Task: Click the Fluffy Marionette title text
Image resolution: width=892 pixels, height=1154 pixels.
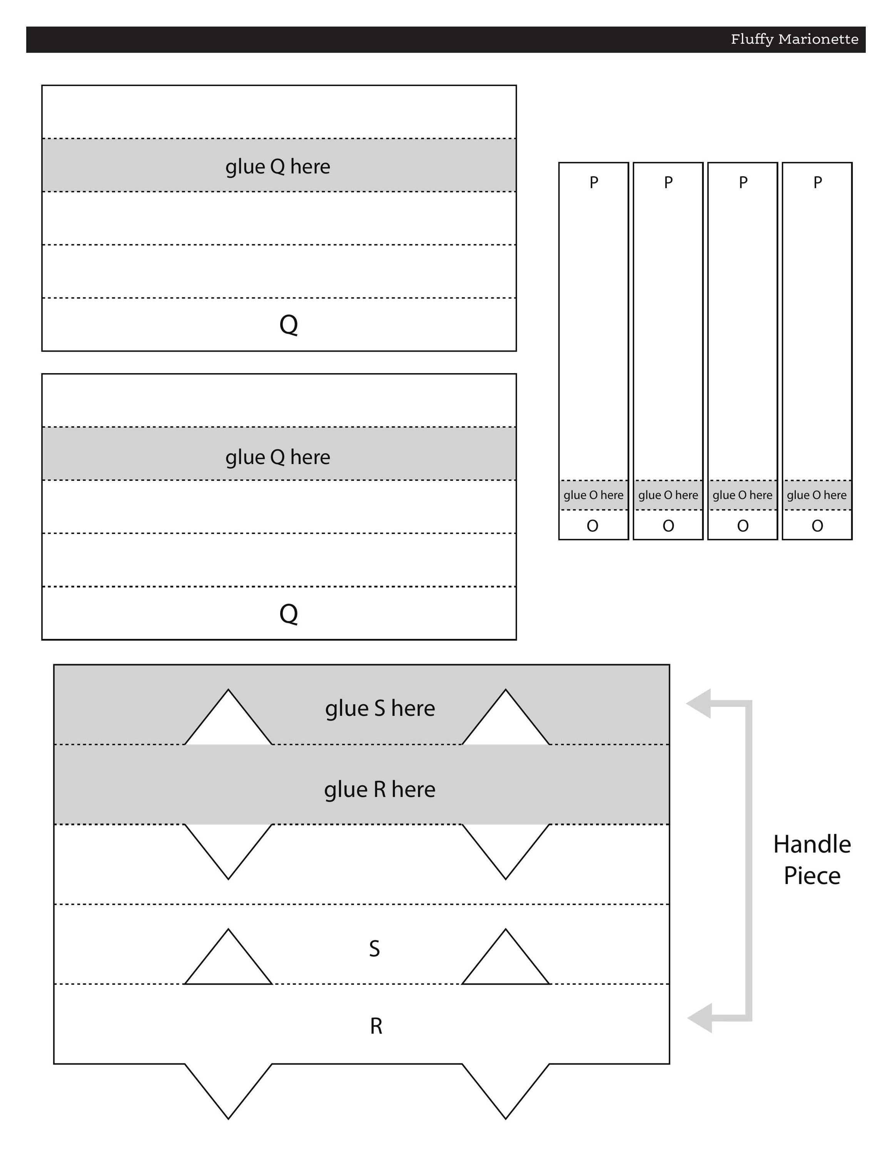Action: [x=794, y=39]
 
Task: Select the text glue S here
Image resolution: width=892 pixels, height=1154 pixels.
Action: [x=380, y=709]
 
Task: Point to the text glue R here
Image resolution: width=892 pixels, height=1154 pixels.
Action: [x=380, y=789]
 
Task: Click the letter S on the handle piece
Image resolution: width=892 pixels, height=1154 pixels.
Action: [x=374, y=949]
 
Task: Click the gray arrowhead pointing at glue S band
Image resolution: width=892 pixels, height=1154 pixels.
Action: [x=698, y=704]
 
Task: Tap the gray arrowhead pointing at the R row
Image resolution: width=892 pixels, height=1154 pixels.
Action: [x=700, y=1018]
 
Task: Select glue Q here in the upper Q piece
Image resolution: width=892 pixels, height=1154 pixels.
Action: [x=278, y=167]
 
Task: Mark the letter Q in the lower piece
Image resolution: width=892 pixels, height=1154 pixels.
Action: [x=289, y=614]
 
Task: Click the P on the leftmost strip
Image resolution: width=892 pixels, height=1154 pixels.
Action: [x=594, y=182]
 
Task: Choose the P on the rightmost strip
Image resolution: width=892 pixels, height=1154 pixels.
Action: [x=817, y=182]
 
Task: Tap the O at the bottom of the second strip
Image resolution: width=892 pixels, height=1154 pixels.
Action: [x=668, y=526]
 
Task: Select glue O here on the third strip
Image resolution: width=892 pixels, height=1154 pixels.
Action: [x=742, y=495]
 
